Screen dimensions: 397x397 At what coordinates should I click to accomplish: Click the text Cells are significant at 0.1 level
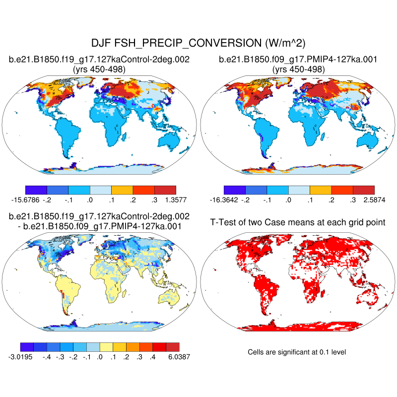click(297, 352)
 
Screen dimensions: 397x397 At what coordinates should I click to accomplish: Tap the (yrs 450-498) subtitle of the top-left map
click(99, 69)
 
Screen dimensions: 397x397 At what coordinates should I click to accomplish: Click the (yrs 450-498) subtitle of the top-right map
click(299, 69)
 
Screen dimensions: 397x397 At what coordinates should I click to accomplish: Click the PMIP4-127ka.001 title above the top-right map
click(299, 60)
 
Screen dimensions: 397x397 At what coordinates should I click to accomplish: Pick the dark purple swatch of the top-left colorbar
click(36, 190)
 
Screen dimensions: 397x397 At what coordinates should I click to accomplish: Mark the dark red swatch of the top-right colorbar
click(363, 190)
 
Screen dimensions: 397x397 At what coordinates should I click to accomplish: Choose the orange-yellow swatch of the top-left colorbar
click(122, 190)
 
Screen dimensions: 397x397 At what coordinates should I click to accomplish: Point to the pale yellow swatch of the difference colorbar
click(106, 346)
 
